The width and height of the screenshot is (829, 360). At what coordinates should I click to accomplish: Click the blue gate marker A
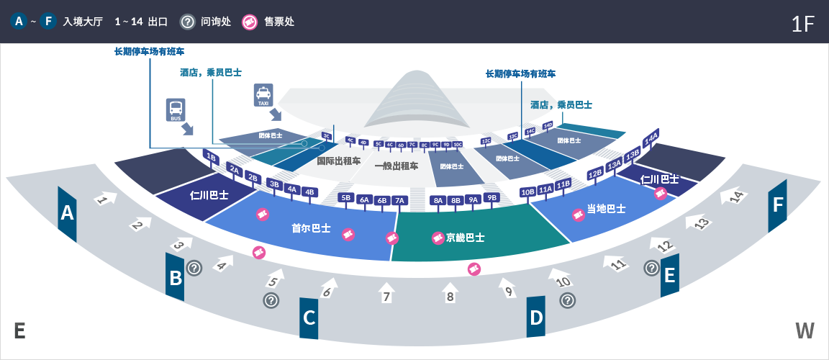coord(68,213)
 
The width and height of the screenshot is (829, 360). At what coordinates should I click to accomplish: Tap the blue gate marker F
coord(777,205)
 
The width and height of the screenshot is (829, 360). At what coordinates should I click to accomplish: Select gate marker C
coord(309,318)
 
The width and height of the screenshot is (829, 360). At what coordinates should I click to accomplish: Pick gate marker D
coord(536,317)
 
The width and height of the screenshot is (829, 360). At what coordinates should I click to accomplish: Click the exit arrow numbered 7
coord(386,293)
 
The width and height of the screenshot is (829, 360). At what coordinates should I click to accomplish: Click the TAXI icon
coord(263,94)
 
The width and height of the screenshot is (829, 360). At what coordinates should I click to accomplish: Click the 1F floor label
coord(802,24)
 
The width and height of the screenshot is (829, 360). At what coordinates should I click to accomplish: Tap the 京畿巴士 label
coord(465,237)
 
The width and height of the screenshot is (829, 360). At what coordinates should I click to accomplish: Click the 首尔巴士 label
coord(311,228)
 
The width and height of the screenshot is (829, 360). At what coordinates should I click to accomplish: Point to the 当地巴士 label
coord(606,209)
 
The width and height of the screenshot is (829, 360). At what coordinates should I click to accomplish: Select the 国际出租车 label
coord(339,161)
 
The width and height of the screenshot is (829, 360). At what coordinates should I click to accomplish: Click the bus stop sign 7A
coord(400,200)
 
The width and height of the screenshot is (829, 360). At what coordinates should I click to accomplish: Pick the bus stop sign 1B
coord(211,156)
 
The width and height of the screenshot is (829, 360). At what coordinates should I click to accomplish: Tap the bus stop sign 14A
coord(651,137)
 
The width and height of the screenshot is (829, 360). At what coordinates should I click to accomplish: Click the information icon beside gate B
coord(194,268)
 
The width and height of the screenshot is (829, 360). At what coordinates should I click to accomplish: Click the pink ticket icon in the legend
coord(249,22)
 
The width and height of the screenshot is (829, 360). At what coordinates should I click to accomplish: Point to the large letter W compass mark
coord(805,330)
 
